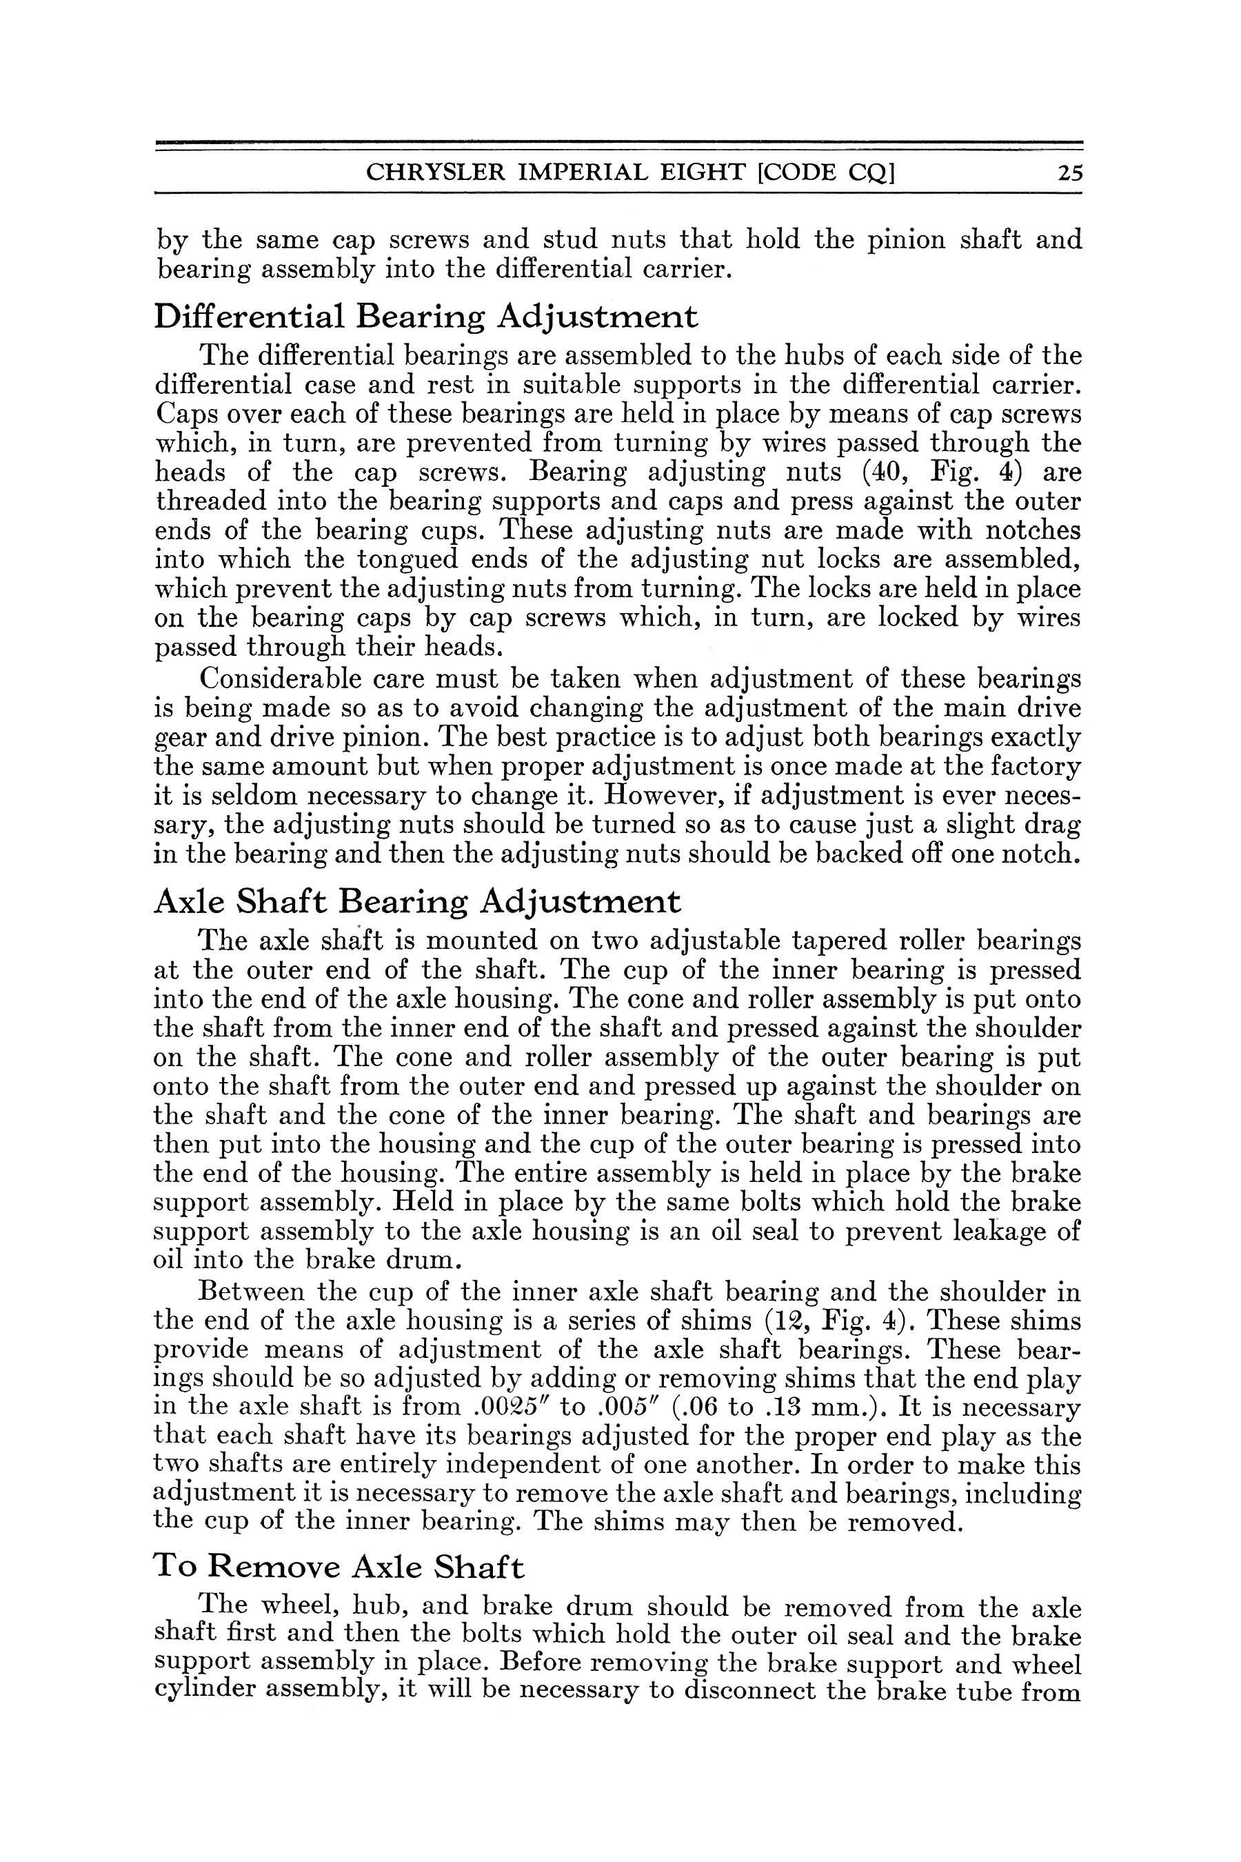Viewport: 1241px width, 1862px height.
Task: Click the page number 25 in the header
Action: [1069, 172]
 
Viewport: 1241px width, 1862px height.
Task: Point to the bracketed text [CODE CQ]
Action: [825, 173]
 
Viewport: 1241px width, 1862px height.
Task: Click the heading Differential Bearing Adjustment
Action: [426, 317]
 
